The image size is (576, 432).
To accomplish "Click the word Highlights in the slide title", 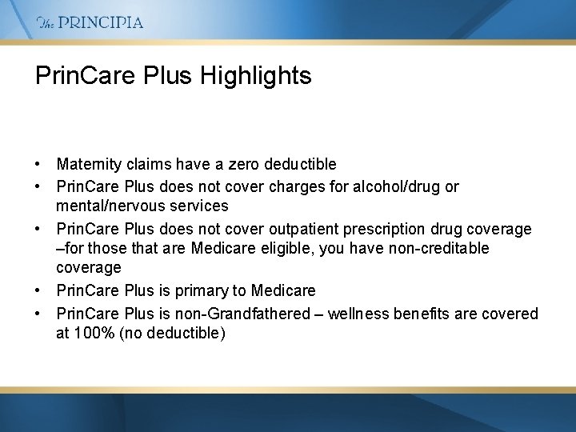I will pos(256,76).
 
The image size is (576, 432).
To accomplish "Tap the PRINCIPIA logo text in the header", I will pos(101,22).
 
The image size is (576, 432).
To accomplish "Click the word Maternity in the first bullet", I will pos(89,164).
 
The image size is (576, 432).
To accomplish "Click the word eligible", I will pos(286,248).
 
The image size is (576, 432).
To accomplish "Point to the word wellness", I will pos(358,314).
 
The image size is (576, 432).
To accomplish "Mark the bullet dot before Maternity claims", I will pos(38,164).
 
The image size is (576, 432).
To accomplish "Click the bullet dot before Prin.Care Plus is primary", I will pos(38,290).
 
